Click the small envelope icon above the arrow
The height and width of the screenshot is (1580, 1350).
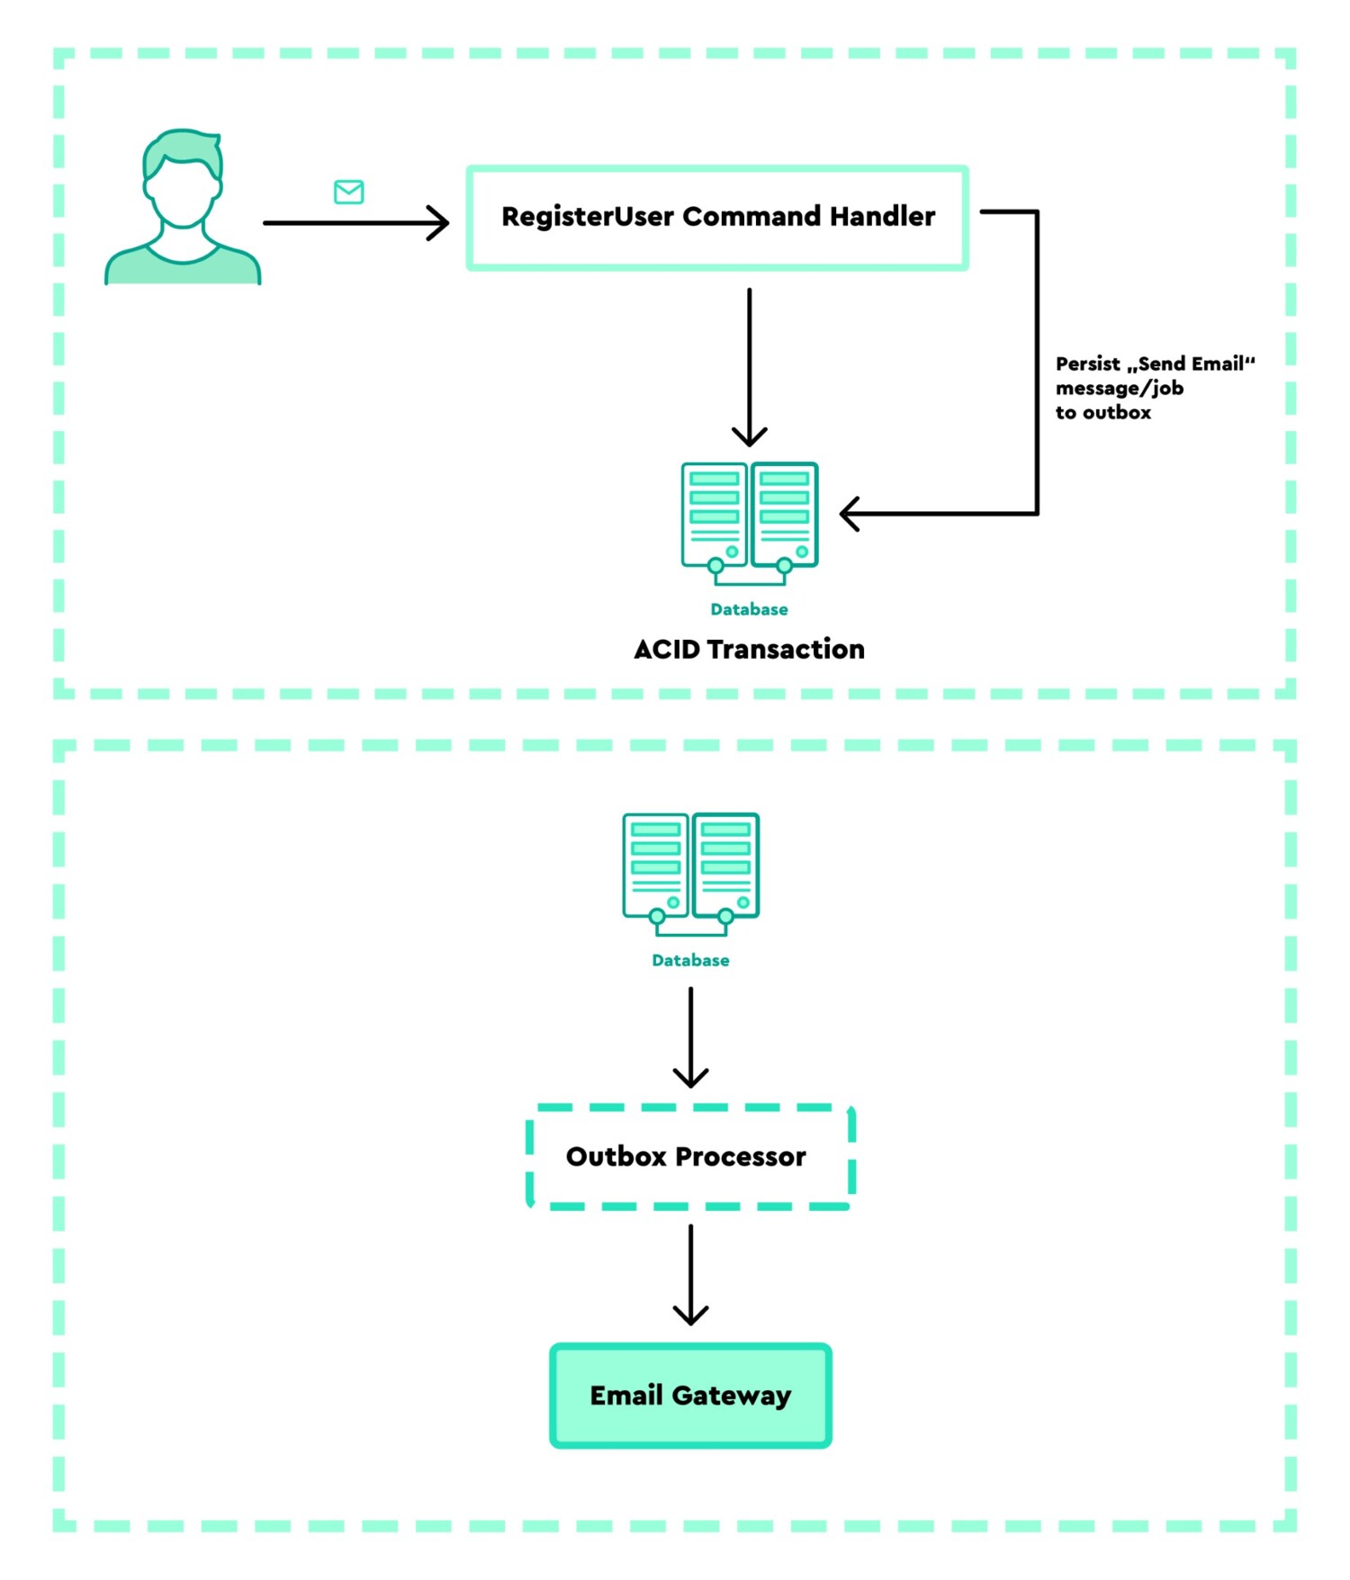coord(348,192)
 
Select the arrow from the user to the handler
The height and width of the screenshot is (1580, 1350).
coord(355,222)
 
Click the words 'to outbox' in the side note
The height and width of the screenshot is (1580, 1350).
coord(1102,413)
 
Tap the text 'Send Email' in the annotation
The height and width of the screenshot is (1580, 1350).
coord(1190,364)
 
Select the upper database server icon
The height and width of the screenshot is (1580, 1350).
coord(749,520)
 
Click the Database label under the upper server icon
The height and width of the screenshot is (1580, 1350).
coord(749,609)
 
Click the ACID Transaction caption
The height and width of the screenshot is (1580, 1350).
coord(749,649)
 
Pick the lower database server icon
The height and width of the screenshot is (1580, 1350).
coord(690,871)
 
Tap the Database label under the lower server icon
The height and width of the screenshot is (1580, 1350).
coord(690,960)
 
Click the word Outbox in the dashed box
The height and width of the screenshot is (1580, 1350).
coord(616,1157)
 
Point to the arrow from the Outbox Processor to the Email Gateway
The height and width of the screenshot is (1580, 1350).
coord(690,1273)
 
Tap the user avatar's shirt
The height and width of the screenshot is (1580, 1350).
coord(183,267)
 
